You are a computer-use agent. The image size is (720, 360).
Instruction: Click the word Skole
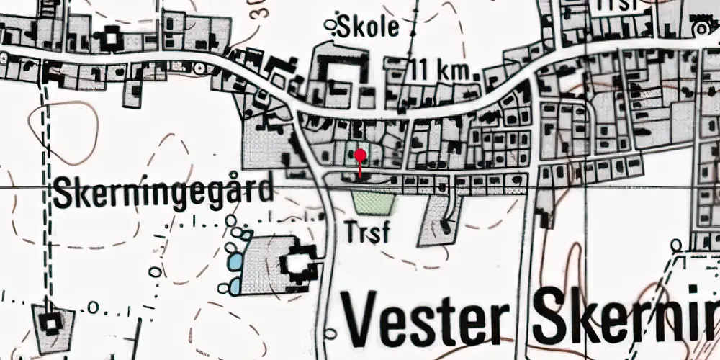pyautogui.click(x=372, y=27)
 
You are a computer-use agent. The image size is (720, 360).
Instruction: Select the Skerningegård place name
pyautogui.click(x=164, y=192)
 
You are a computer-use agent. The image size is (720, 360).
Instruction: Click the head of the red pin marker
pyautogui.click(x=361, y=153)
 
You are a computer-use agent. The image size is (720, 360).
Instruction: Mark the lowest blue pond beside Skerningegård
pyautogui.click(x=234, y=287)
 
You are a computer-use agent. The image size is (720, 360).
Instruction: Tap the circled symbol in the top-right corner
pyautogui.click(x=700, y=28)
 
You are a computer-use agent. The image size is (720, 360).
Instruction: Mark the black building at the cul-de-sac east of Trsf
pyautogui.click(x=448, y=228)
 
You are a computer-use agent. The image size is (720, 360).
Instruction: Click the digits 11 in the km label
pyautogui.click(x=422, y=72)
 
